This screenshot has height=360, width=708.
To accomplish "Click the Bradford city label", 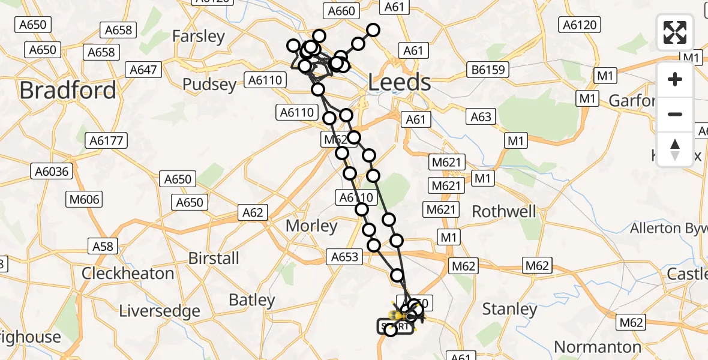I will [x=68, y=91].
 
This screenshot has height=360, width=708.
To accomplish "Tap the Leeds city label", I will [x=399, y=83].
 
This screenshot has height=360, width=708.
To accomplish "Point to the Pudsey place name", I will [x=209, y=85].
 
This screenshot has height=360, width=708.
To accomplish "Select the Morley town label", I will [x=311, y=226].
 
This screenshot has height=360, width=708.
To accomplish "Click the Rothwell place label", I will [x=504, y=211].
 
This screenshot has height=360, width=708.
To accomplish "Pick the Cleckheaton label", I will [x=127, y=274].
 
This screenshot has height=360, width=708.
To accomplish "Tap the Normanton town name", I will [x=598, y=347].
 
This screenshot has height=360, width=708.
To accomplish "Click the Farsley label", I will [x=198, y=36].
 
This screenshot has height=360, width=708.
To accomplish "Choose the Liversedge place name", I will [x=160, y=311].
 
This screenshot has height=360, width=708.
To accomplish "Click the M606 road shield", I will [x=84, y=199].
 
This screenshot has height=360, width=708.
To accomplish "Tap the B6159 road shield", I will [x=488, y=70].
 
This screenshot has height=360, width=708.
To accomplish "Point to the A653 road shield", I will [x=344, y=257].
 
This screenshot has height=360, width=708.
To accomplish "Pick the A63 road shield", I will [x=481, y=117].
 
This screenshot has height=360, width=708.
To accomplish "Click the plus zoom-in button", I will [x=675, y=79].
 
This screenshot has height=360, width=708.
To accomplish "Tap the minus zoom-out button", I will [x=675, y=114].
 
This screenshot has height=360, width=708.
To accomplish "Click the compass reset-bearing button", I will [x=675, y=149].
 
